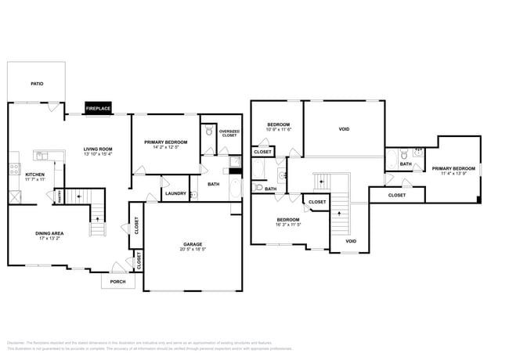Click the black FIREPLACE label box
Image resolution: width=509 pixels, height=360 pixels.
[x=98, y=108]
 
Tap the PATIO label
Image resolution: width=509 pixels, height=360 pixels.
[x=37, y=83]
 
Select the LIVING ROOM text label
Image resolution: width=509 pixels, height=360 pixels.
[x=99, y=149]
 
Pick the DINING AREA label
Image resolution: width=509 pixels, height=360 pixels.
[x=49, y=233]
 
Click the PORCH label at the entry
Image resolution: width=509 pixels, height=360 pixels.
[x=117, y=282]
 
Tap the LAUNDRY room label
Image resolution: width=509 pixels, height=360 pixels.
[x=175, y=193]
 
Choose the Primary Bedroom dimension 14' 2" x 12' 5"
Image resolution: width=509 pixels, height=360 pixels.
[x=165, y=148]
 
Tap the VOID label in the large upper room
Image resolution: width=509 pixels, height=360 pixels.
[x=344, y=129]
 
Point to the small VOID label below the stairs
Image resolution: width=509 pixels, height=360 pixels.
[x=351, y=241]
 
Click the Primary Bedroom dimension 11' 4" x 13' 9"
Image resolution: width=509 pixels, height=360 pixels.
[x=453, y=174]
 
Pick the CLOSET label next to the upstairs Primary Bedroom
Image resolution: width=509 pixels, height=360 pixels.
[x=397, y=195]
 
